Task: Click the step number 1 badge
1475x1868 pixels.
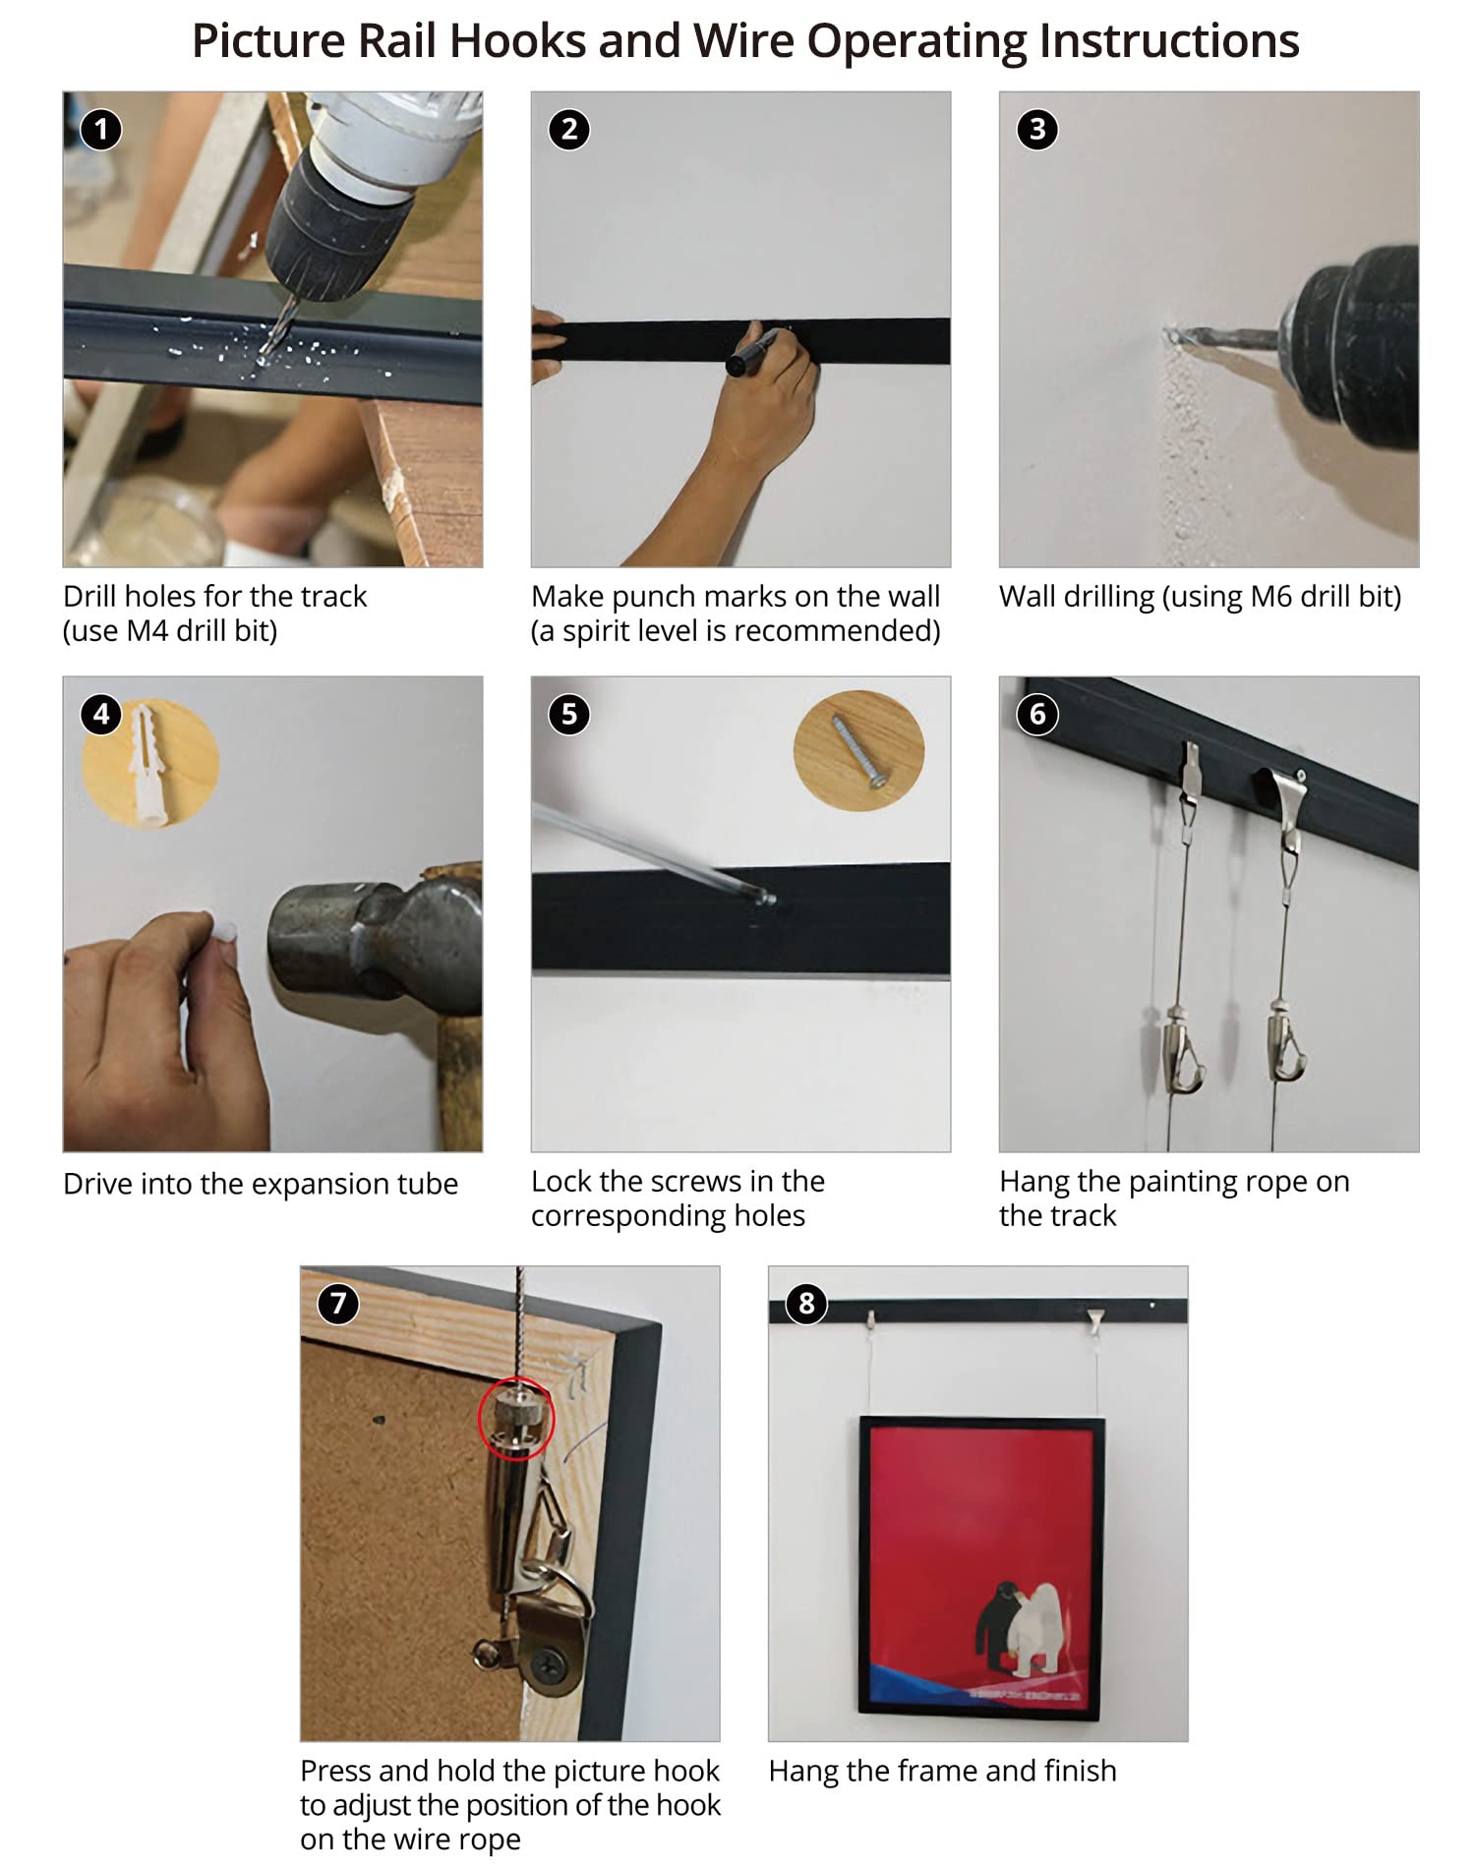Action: point(100,130)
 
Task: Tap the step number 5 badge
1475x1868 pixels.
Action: point(569,714)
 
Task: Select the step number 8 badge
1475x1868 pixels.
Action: point(806,1304)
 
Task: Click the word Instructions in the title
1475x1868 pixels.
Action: point(1169,41)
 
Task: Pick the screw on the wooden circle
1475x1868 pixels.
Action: point(858,751)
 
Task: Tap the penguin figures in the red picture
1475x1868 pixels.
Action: point(1018,1628)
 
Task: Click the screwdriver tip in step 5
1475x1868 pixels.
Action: point(768,898)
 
